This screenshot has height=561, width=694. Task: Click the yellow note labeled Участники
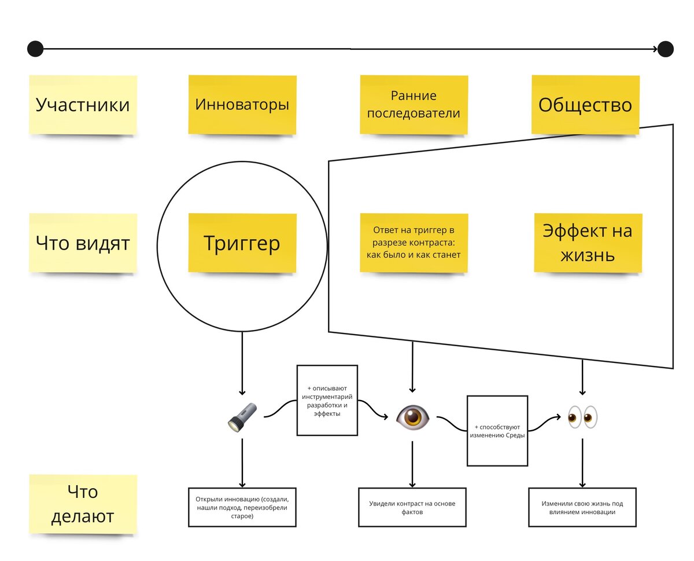tap(83, 105)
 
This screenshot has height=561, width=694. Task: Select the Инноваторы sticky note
tap(242, 105)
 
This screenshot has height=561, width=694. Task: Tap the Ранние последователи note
tap(414, 105)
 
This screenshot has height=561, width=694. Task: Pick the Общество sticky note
tap(585, 105)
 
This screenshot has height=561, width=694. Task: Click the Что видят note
tap(83, 243)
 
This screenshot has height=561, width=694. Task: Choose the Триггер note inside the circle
tap(242, 243)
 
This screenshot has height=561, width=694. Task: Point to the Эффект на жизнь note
tap(587, 243)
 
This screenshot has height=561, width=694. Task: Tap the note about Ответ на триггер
tap(414, 243)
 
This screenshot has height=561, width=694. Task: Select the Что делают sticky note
tap(83, 504)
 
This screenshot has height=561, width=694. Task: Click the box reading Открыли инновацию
tap(242, 507)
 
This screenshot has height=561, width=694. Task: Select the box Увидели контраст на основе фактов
tap(412, 507)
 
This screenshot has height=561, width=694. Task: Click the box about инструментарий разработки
tap(327, 400)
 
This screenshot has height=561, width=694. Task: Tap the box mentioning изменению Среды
tap(497, 431)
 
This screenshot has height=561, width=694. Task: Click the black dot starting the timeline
tap(35, 49)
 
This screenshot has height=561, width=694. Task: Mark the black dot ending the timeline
tap(666, 49)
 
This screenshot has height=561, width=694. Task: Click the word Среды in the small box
tap(514, 435)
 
